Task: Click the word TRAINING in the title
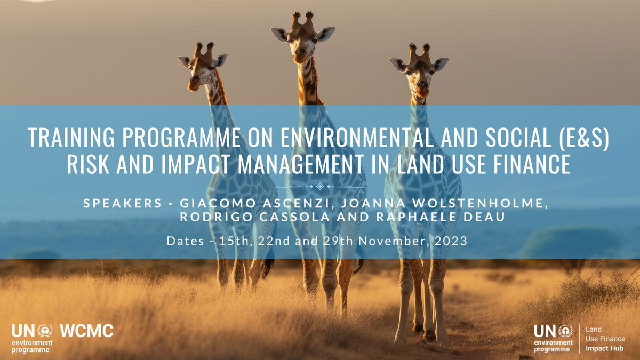[65, 139]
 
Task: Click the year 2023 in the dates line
[451, 241]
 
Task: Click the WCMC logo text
[87, 331]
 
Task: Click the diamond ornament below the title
[319, 186]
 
